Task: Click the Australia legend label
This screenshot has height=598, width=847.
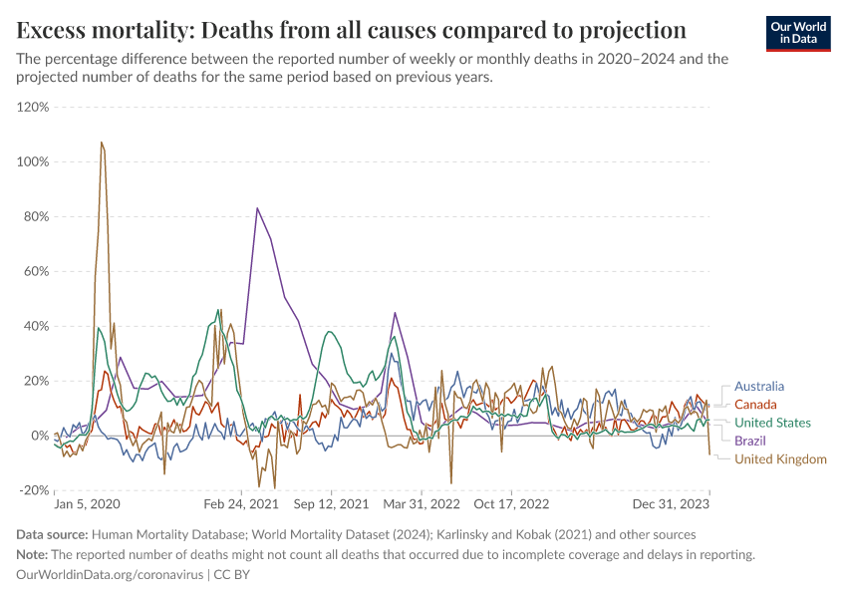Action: [759, 386]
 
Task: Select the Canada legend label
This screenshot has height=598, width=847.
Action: [755, 405]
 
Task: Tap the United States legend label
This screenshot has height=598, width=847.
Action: [772, 423]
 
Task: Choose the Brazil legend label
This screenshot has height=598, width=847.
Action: [750, 441]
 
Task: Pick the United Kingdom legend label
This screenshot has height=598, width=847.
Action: [780, 458]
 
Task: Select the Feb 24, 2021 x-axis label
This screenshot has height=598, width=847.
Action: [243, 504]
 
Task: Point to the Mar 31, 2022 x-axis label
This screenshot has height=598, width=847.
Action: [423, 504]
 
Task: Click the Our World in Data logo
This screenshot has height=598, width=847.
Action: [797, 33]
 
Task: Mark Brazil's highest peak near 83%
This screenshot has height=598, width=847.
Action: [257, 208]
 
